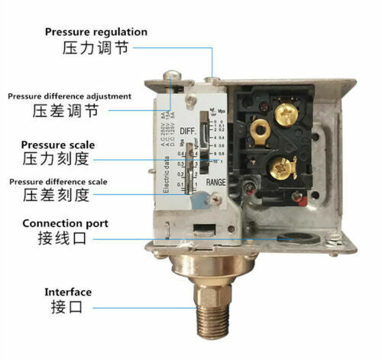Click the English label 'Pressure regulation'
pyautogui.click(x=95, y=31)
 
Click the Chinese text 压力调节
pyautogui.click(x=95, y=48)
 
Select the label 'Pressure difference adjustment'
pyautogui.click(x=70, y=96)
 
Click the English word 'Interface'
pyautogui.click(x=67, y=292)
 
